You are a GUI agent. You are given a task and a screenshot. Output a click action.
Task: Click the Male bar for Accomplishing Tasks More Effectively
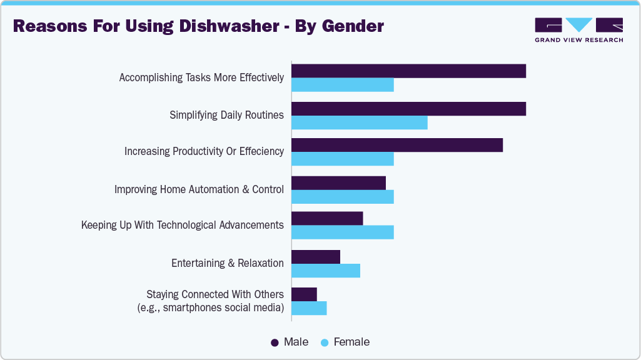click(408, 71)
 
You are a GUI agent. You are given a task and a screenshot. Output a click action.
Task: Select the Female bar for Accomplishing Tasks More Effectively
click(343, 85)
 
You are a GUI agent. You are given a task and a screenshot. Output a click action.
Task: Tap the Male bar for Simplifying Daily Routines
click(408, 109)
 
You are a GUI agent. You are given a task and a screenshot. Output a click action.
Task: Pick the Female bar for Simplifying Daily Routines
click(360, 122)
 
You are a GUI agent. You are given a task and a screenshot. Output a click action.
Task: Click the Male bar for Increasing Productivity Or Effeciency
click(397, 145)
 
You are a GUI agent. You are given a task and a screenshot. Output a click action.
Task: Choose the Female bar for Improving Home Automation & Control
click(343, 197)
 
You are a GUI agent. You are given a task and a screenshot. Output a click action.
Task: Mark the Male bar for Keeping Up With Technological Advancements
click(327, 219)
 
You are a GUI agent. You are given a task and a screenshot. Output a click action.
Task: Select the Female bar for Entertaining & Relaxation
click(326, 271)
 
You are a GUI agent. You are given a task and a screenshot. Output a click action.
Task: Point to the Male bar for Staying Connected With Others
click(305, 294)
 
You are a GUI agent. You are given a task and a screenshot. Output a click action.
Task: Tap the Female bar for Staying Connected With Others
click(309, 308)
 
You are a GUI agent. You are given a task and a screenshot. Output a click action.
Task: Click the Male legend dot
click(275, 342)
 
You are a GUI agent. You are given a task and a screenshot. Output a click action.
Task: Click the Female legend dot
click(325, 342)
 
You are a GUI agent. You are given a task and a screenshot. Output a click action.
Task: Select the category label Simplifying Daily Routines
click(226, 115)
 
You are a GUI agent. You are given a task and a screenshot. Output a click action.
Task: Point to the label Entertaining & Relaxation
click(227, 263)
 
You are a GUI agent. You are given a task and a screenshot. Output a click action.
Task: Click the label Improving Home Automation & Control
click(199, 189)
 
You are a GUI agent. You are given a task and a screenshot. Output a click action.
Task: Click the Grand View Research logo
click(578, 29)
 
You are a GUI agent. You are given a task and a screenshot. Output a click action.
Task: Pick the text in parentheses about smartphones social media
click(211, 307)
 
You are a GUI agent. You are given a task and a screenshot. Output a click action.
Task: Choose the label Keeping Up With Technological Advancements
click(182, 225)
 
